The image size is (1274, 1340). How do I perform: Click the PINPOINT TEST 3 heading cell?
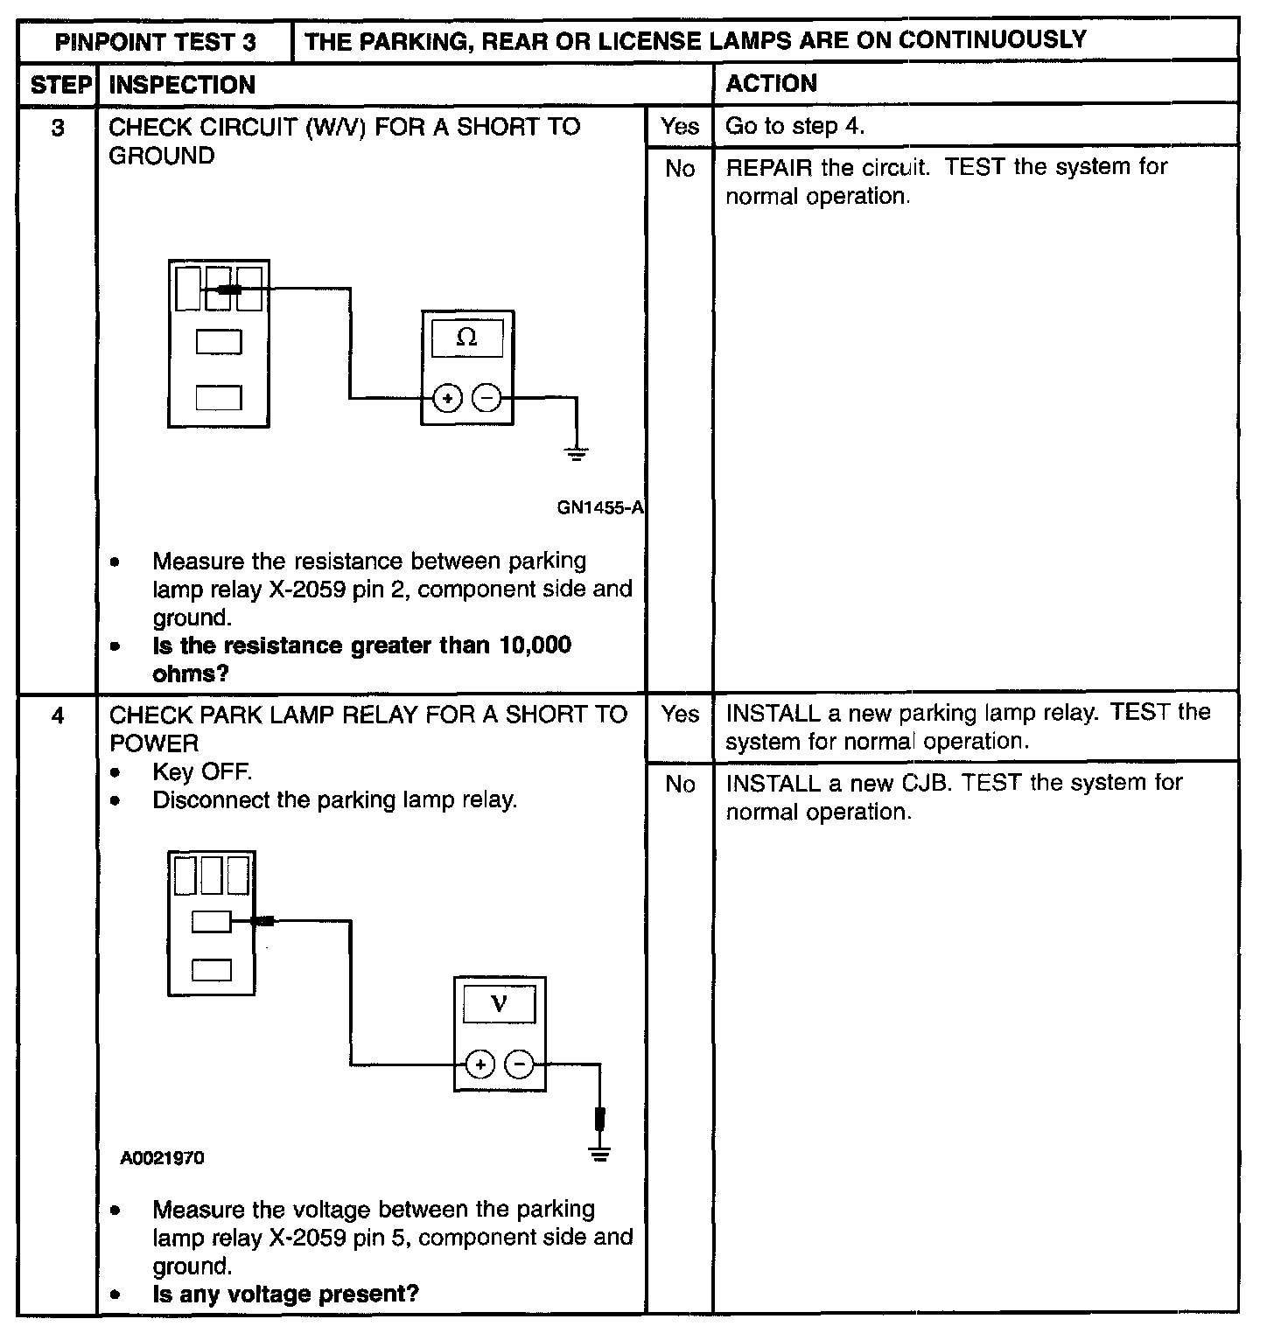pos(155,41)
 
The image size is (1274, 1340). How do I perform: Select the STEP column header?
pos(59,85)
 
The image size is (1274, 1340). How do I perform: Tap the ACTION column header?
pos(771,84)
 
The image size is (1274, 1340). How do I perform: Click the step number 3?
pos(58,128)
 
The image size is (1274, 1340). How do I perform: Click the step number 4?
pos(58,715)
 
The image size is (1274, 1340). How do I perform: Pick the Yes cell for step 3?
pos(680,127)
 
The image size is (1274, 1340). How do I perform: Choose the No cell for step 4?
pos(680,785)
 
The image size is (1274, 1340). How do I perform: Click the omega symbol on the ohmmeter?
pos(467,338)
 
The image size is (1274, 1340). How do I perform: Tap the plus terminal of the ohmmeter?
pos(447,399)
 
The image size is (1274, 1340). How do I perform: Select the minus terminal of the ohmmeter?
pos(486,399)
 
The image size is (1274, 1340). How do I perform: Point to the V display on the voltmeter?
pos(499,1003)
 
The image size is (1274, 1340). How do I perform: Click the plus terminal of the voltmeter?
pos(479,1064)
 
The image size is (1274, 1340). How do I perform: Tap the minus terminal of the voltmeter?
pos(520,1064)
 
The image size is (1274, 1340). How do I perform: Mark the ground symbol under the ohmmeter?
pos(576,453)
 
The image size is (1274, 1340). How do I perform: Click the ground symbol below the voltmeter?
pos(599,1153)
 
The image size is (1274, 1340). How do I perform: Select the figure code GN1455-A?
pos(600,507)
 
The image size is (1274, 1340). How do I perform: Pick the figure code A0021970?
pos(163,1158)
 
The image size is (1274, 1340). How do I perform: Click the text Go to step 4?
pos(794,127)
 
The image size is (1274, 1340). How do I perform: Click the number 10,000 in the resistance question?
pos(535,646)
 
